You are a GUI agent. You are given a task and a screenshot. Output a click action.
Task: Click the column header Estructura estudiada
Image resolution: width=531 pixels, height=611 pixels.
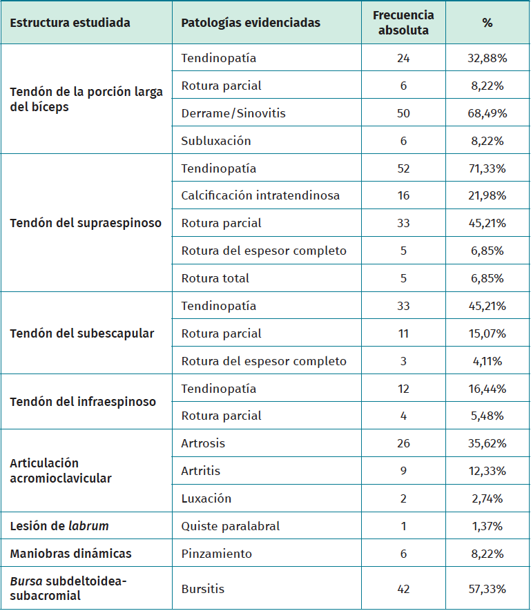[x=70, y=23]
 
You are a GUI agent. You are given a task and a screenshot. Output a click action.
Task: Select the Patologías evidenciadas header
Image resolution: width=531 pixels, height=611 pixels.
[x=251, y=23]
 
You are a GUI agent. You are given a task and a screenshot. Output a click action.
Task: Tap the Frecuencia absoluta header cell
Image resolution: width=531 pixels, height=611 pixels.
[x=403, y=23]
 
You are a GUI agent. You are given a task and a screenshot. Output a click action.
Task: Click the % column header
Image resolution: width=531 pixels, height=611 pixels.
[x=487, y=23]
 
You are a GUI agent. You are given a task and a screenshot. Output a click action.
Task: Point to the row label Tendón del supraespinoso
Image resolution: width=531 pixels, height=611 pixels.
[x=86, y=223]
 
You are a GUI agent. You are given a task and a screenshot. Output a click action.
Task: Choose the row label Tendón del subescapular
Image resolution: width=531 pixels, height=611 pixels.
[x=81, y=333]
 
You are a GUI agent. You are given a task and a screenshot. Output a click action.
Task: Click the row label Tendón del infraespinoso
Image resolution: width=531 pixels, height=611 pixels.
[x=83, y=402]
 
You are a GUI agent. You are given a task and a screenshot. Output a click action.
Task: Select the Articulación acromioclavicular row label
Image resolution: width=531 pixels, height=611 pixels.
[x=61, y=471]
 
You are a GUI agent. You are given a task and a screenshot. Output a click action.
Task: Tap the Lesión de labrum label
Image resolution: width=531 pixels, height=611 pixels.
[x=59, y=526]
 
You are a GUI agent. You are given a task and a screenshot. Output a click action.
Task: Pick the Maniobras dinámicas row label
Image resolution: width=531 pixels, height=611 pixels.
[x=70, y=554]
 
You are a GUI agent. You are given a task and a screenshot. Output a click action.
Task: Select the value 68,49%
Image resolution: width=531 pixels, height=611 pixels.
[x=487, y=113]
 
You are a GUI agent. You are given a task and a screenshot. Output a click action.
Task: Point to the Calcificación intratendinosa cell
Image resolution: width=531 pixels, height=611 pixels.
[x=260, y=195]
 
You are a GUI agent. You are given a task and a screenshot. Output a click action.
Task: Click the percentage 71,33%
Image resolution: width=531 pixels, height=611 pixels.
[x=487, y=168]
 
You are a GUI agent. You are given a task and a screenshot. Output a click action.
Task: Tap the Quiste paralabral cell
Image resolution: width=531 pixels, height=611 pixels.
[x=231, y=526]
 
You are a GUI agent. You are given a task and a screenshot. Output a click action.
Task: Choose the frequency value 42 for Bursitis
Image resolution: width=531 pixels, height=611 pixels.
[x=403, y=589]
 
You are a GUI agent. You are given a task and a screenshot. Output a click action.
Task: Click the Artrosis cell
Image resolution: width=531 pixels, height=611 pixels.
[x=203, y=443]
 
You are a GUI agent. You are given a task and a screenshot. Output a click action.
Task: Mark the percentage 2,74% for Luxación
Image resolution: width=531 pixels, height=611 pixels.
[x=487, y=498]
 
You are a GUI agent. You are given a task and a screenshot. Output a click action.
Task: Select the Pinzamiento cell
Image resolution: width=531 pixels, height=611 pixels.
[x=217, y=554]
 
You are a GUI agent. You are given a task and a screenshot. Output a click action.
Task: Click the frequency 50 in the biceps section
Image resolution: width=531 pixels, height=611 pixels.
[x=403, y=113]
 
